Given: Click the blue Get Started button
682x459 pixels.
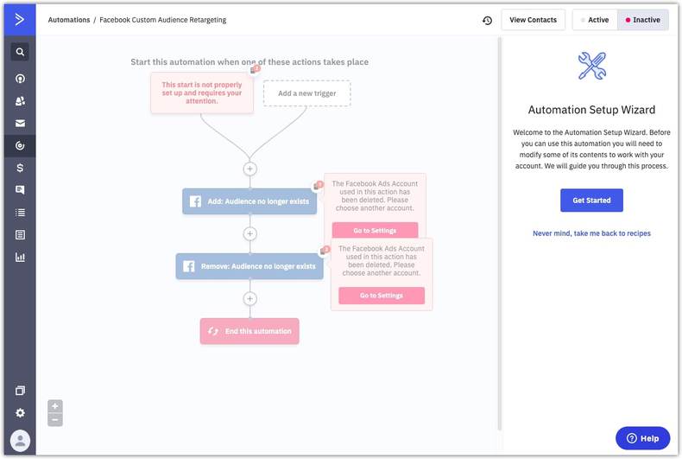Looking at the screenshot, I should (x=591, y=201).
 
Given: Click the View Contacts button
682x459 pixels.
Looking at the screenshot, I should (x=533, y=20).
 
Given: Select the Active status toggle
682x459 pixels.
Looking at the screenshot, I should (x=595, y=20).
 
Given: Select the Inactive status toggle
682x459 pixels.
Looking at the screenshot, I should (x=643, y=20).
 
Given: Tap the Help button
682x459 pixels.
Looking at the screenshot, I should (x=642, y=438).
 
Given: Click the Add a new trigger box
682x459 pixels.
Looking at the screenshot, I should (x=306, y=93).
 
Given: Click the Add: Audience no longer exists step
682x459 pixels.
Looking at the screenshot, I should (x=249, y=201).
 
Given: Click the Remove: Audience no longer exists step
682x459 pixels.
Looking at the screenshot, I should (x=249, y=266).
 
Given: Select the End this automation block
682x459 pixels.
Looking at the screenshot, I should (x=249, y=331).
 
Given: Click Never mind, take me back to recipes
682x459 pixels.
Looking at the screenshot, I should (x=591, y=233).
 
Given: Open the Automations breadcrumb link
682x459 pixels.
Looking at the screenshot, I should (x=69, y=20).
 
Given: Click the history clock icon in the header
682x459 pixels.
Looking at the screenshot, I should (x=487, y=20).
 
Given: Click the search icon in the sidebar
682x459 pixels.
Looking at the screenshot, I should (x=20, y=52).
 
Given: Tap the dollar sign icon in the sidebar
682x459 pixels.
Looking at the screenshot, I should (x=20, y=168).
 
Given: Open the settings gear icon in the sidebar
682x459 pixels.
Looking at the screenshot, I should (x=20, y=413).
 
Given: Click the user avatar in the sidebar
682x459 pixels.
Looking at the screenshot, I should (x=20, y=440).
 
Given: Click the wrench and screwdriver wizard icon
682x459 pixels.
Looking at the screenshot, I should (x=592, y=67).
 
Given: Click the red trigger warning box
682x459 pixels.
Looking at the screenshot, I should (x=202, y=93).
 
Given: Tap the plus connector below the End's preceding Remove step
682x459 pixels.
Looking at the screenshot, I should (x=249, y=299).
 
